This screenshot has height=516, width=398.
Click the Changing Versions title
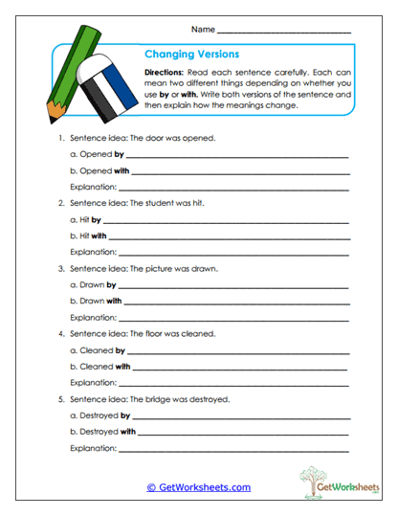[191, 55]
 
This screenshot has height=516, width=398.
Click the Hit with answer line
[230, 236]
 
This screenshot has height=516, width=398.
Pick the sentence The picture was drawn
[149, 269]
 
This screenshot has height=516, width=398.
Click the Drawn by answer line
[234, 285]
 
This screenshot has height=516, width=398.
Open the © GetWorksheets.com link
[198, 487]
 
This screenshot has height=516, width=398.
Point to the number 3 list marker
[60, 269]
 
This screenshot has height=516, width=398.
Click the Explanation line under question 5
[234, 448]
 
